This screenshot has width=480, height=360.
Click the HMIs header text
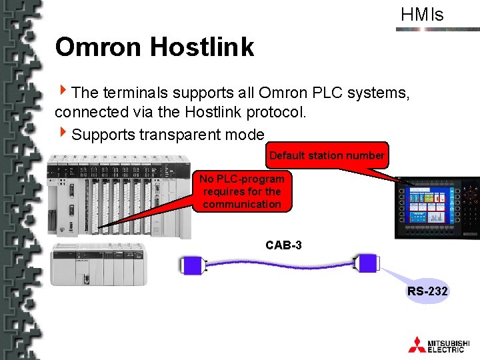(x=422, y=15)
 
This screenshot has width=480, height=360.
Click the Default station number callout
(x=327, y=155)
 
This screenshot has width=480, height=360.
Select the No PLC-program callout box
(x=242, y=191)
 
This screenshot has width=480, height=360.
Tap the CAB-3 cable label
(x=283, y=245)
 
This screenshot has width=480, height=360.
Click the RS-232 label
(x=427, y=291)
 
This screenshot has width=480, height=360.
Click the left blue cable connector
(x=191, y=265)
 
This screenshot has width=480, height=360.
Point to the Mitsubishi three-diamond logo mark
(x=417, y=344)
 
